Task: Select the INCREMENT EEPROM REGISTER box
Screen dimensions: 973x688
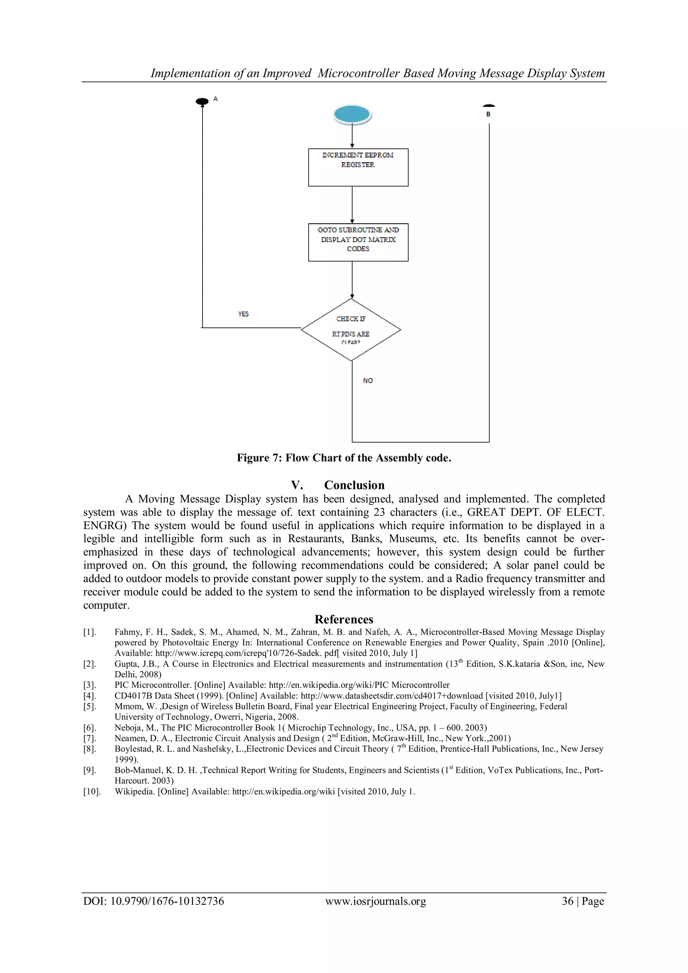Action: pos(358,167)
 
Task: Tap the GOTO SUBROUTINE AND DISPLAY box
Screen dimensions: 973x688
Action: pos(358,241)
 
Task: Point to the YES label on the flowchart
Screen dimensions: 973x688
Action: pos(243,314)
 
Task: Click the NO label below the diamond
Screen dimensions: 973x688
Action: pos(368,381)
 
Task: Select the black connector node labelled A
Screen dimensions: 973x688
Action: pos(202,101)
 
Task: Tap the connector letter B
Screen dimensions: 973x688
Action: pos(488,114)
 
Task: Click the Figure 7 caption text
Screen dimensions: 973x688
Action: pos(344,458)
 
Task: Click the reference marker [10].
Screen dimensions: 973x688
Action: pos(92,791)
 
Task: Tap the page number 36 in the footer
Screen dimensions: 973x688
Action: pos(567,901)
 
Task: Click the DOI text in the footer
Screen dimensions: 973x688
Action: pos(154,901)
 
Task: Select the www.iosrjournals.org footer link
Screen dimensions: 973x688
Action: pos(376,901)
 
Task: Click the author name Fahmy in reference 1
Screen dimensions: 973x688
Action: pos(126,632)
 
